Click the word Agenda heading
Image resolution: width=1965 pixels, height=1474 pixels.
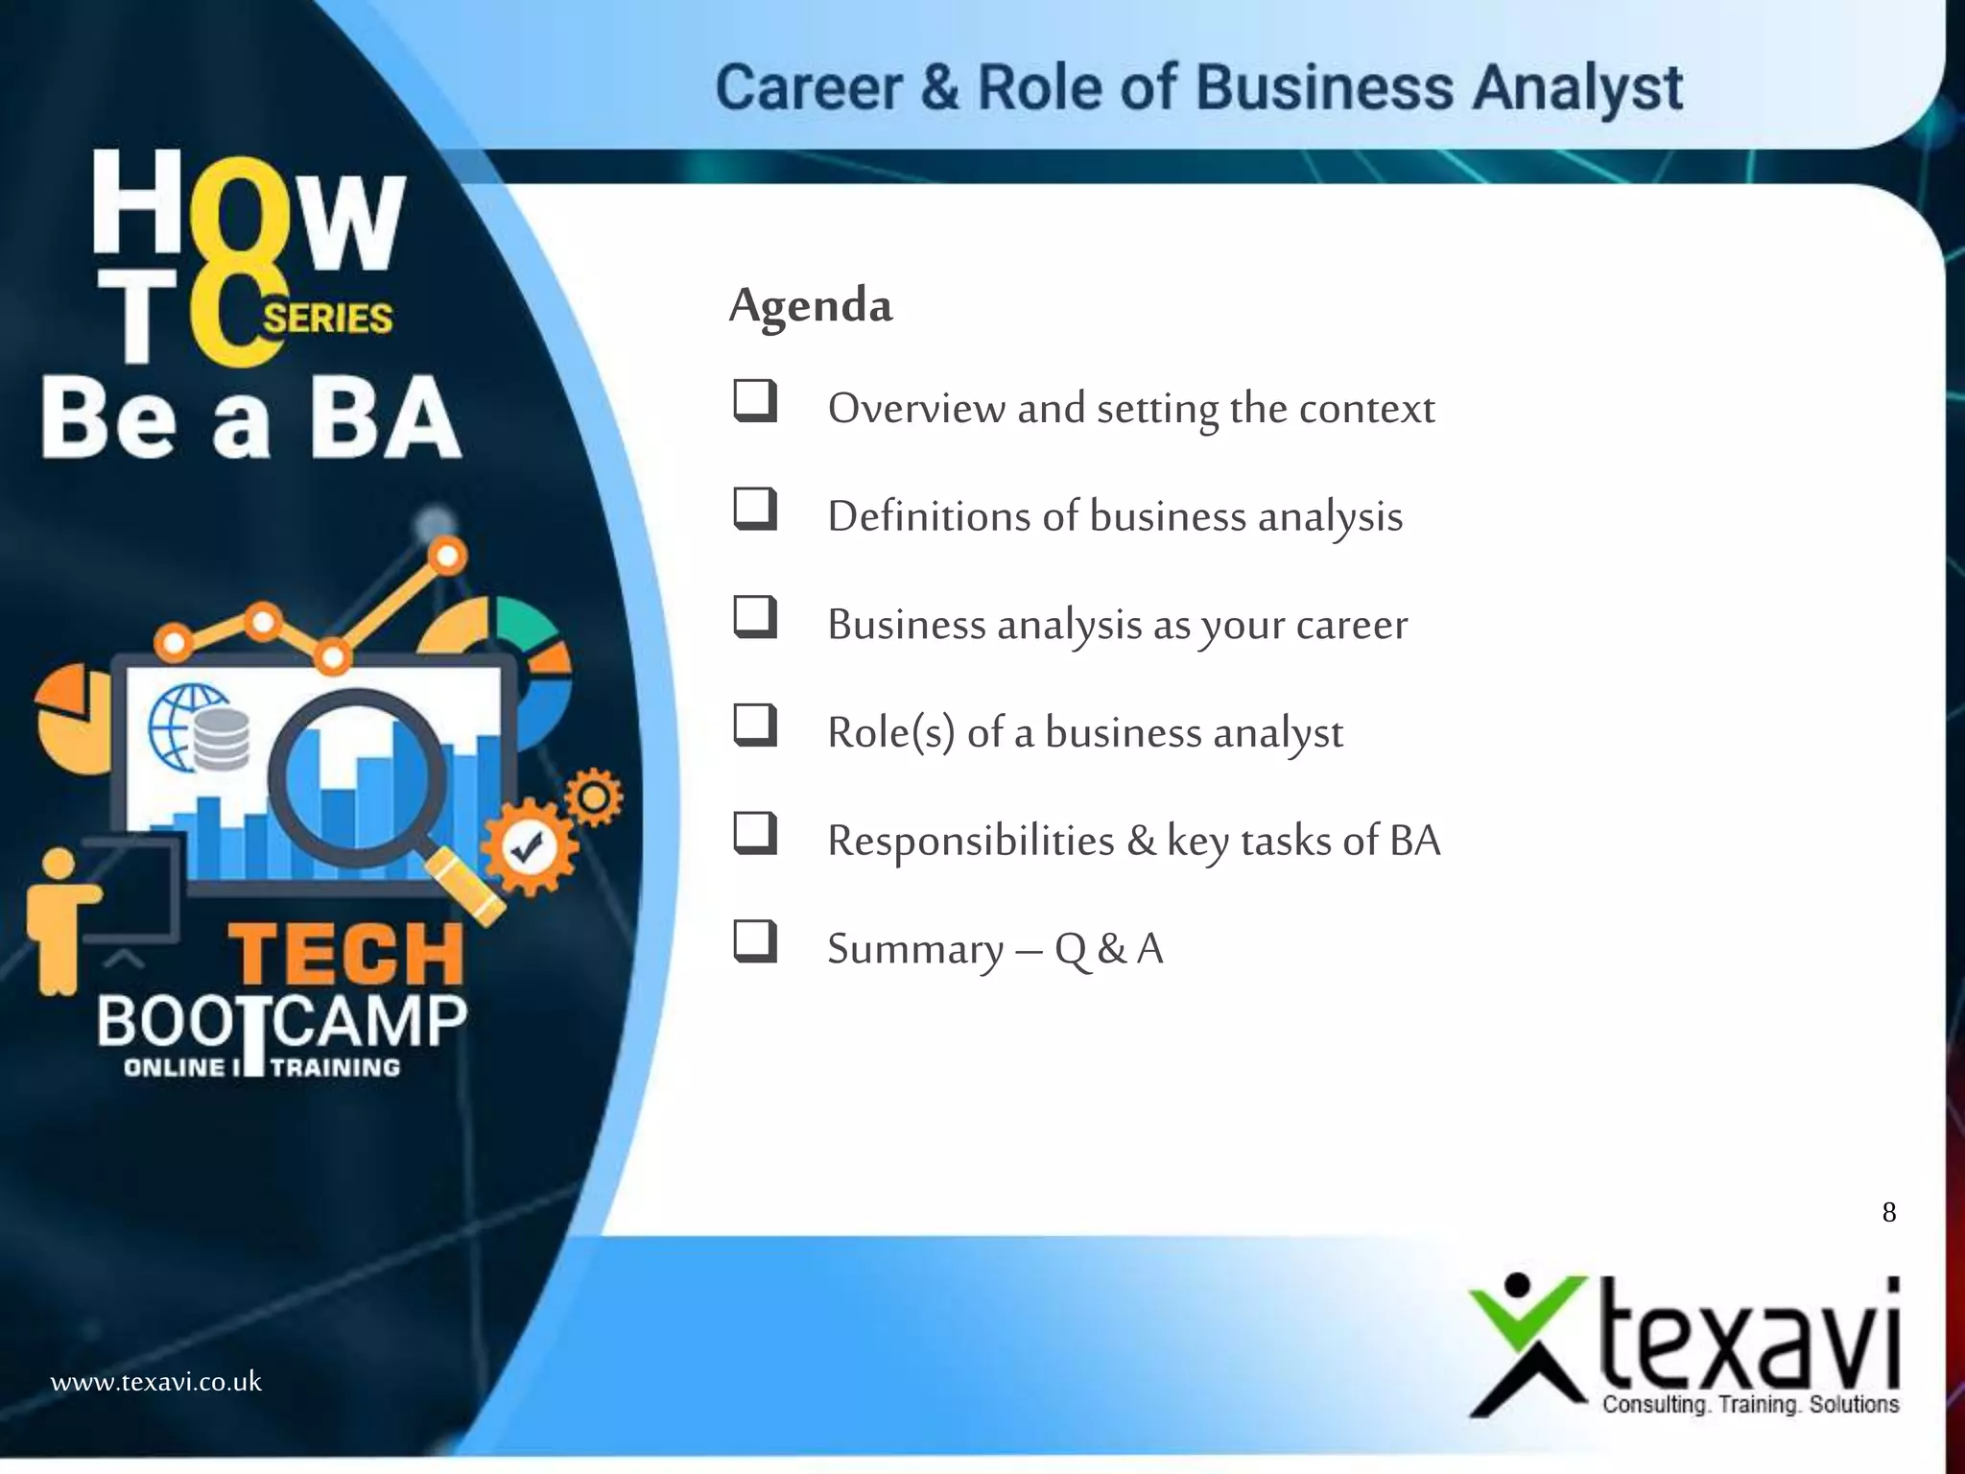[x=811, y=305]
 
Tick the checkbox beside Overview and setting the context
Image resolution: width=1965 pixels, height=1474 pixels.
[x=755, y=401]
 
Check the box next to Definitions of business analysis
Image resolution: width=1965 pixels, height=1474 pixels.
[x=755, y=509]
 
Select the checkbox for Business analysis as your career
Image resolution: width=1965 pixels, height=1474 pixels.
[x=755, y=617]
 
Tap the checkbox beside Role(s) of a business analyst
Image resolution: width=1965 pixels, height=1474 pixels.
[x=755, y=725]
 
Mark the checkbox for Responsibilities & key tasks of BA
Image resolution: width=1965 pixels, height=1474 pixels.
[x=755, y=833]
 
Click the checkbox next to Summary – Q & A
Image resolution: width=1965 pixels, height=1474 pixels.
[x=755, y=941]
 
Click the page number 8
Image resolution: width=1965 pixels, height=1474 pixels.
[x=1888, y=1213]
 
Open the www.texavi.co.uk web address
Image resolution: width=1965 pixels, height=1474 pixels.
[x=155, y=1382]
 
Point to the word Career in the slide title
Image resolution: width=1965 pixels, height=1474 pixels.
[x=809, y=88]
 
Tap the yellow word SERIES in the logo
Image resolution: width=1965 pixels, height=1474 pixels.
[x=328, y=318]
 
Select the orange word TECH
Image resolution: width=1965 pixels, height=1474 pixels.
[x=346, y=954]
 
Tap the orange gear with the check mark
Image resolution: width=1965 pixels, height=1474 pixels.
[x=527, y=847]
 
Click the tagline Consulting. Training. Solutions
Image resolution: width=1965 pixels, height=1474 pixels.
[x=1750, y=1405]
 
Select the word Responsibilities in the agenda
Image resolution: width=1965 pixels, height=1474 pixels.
[x=971, y=841]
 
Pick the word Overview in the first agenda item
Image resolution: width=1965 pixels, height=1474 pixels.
[x=916, y=409]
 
